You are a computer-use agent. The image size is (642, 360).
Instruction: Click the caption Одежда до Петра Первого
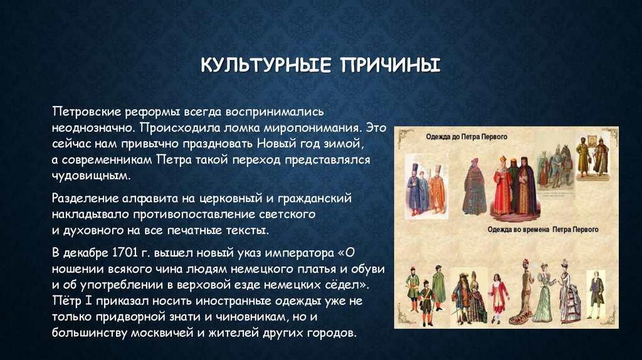466,136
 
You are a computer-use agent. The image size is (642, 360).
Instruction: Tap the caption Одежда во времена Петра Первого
543,230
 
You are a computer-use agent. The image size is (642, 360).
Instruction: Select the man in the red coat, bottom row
498,295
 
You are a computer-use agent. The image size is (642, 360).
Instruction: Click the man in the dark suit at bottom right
595,290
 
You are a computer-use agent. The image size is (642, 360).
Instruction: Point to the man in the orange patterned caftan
436,190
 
